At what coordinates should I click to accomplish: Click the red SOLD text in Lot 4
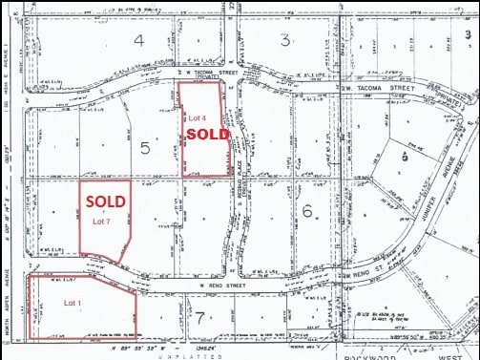click(207, 135)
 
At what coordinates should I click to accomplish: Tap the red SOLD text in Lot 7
click(105, 202)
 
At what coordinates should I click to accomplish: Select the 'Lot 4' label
click(197, 117)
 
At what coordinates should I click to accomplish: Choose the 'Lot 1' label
click(73, 303)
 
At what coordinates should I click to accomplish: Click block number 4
click(139, 40)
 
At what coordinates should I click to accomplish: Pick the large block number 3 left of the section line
click(284, 39)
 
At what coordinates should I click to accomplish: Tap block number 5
click(145, 148)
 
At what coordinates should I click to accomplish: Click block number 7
click(199, 317)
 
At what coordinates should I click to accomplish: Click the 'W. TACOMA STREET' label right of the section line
click(375, 86)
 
